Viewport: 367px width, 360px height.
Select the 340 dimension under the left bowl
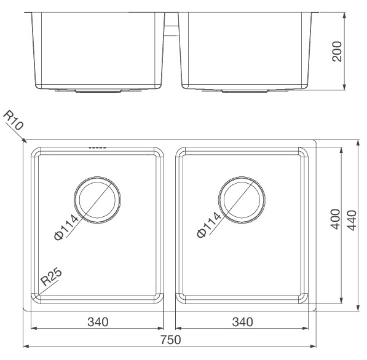coord(98,321)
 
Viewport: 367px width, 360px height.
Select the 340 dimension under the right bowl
coord(243,321)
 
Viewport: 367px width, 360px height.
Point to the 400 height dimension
coord(336,219)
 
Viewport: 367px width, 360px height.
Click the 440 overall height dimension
coord(352,219)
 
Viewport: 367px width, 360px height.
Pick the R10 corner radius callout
coord(14,120)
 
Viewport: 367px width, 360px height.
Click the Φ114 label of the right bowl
coord(209,225)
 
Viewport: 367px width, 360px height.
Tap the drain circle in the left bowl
coord(97,200)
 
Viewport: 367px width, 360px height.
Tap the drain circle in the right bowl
coord(243,200)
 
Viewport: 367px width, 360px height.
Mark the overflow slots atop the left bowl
coord(98,147)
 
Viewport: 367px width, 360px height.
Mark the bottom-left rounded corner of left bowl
coord(37,299)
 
